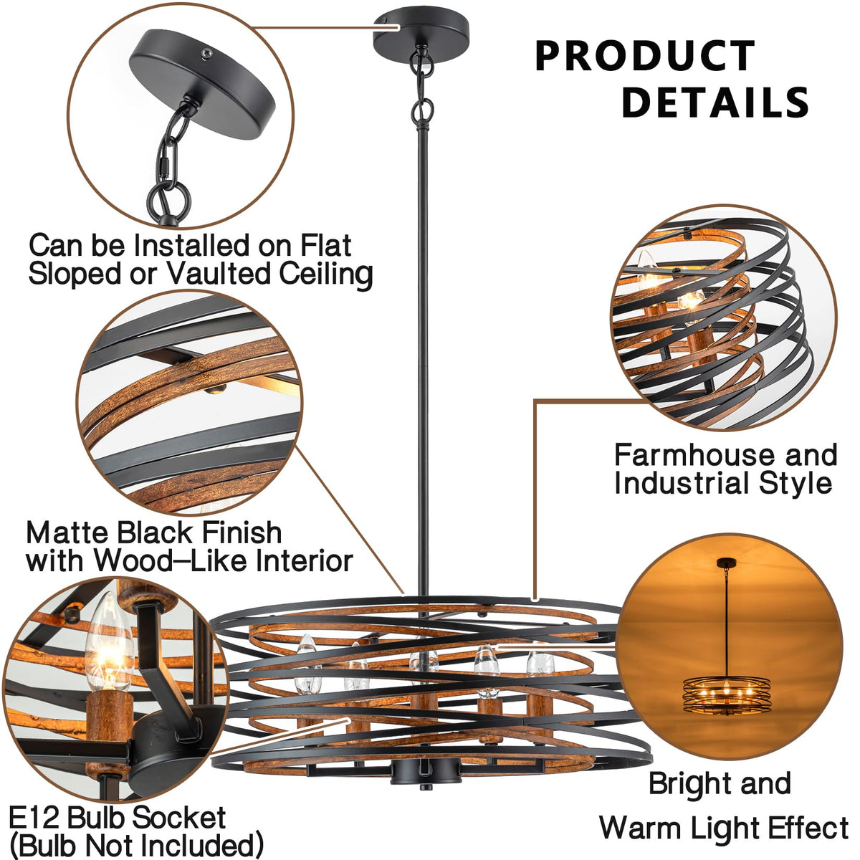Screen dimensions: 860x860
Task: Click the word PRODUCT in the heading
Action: point(644,57)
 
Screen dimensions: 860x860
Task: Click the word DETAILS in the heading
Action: point(715,102)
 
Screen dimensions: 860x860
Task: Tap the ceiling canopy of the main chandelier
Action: point(421,32)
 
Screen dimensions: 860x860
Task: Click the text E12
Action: point(35,818)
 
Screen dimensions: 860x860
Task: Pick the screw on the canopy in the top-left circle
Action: point(206,51)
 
